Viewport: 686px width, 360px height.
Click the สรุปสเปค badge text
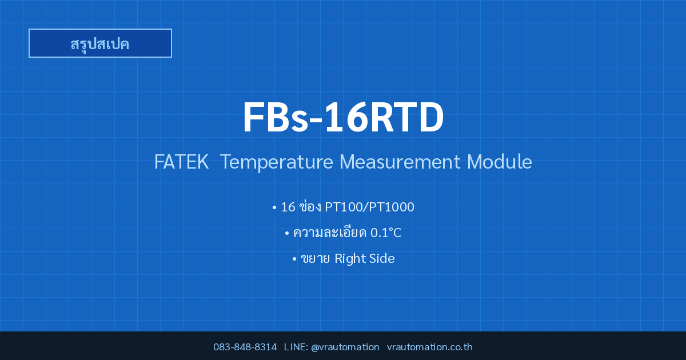(100, 44)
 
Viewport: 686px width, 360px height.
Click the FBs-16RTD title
(343, 118)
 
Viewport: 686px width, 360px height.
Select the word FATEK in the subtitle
(181, 162)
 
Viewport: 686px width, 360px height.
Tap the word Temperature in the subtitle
(276, 162)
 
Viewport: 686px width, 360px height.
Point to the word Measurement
(400, 162)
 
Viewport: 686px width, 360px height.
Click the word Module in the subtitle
(499, 161)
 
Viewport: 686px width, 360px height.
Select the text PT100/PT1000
(369, 207)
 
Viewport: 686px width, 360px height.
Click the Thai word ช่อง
(310, 206)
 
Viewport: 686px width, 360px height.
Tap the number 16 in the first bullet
(288, 207)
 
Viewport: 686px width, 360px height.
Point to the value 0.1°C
(385, 233)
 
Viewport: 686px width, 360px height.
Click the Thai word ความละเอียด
(329, 232)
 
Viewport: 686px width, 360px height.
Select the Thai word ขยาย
(315, 259)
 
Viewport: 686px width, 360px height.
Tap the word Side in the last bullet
(382, 259)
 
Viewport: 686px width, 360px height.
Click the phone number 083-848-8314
(245, 347)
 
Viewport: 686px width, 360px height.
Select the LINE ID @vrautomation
(345, 347)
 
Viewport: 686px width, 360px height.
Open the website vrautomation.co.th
(430, 347)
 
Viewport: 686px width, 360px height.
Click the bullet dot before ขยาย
(294, 259)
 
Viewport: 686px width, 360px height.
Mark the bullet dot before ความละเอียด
(287, 234)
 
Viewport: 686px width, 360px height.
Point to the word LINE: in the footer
(296, 347)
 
